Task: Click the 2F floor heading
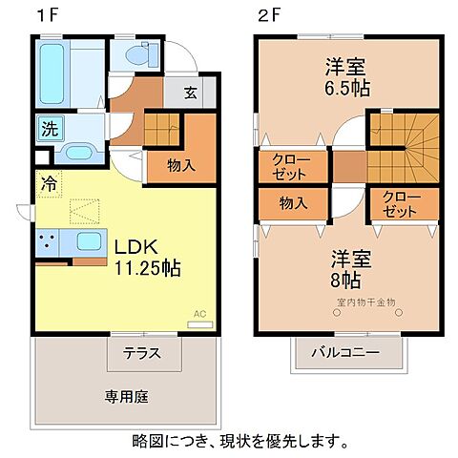(x=269, y=16)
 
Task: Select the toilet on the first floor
(x=133, y=56)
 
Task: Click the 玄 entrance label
(x=191, y=94)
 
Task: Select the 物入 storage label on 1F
(x=182, y=164)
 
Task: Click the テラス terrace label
(x=140, y=352)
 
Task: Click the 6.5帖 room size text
(x=347, y=88)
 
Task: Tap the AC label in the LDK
(x=199, y=314)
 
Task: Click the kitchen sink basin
(x=90, y=242)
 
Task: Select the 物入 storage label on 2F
(x=293, y=202)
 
